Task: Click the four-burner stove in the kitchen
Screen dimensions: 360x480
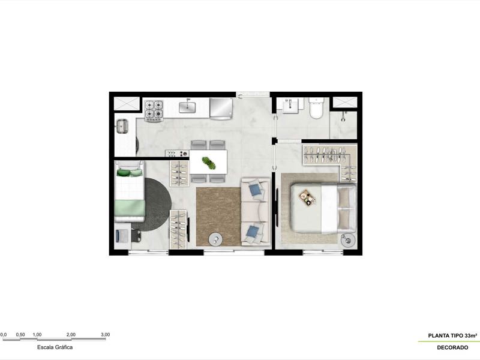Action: pyautogui.click(x=154, y=109)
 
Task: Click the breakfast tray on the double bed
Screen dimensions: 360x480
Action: pyautogui.click(x=308, y=197)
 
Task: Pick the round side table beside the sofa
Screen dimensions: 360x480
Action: pyautogui.click(x=215, y=239)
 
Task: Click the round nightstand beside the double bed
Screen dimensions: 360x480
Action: pyautogui.click(x=348, y=241)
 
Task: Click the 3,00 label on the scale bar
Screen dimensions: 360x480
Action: pyautogui.click(x=105, y=335)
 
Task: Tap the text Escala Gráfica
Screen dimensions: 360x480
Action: pyautogui.click(x=55, y=347)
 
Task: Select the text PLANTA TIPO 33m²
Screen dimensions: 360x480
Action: pyautogui.click(x=452, y=336)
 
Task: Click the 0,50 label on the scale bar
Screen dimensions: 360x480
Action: pyautogui.click(x=20, y=335)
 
